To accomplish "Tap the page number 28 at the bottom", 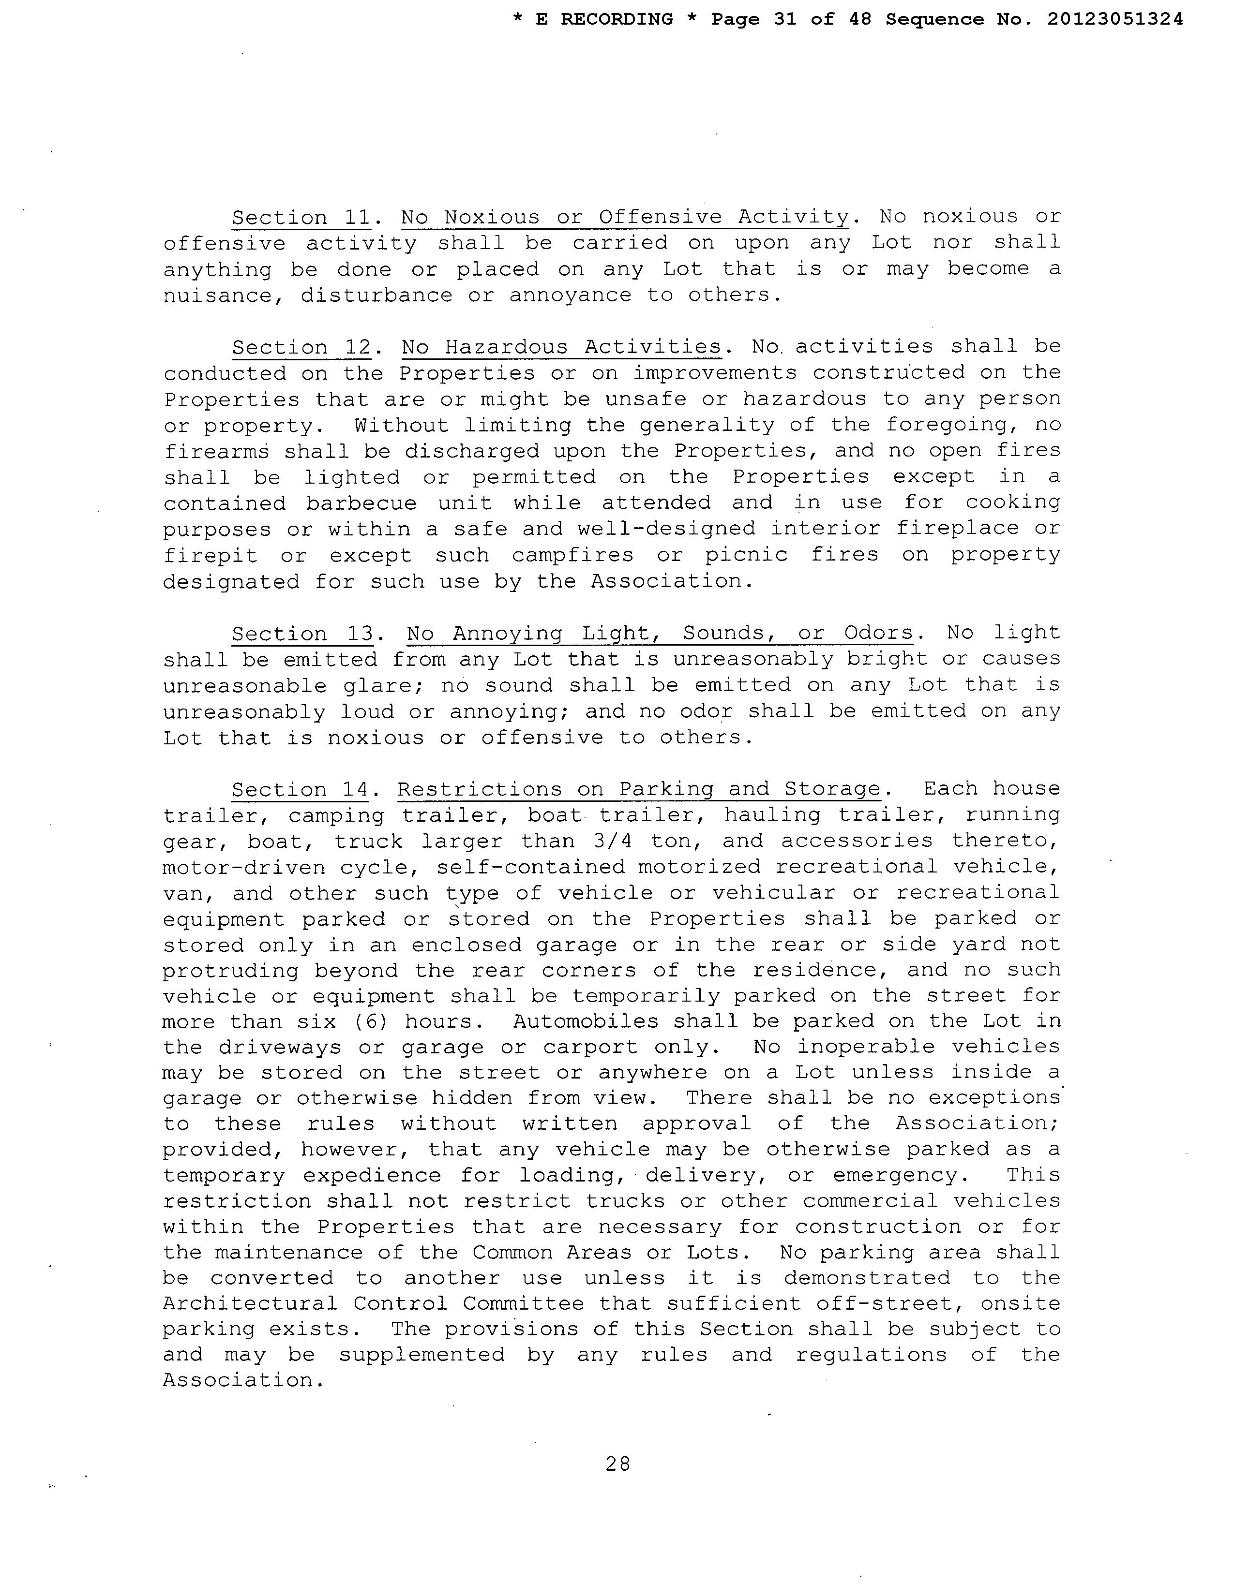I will (x=618, y=1464).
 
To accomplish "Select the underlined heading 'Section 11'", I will (x=301, y=218).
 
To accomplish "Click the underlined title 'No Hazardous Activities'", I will (x=561, y=347).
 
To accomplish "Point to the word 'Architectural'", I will (x=250, y=1304).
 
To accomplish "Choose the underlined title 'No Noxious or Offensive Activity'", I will (x=625, y=218).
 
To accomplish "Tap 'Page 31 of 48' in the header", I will (x=791, y=20).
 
